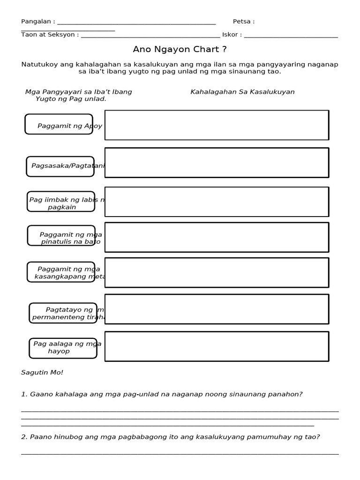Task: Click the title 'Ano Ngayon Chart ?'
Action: click(180, 49)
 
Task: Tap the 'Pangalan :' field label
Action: click(38, 22)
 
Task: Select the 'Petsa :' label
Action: click(243, 22)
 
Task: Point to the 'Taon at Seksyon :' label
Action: click(50, 35)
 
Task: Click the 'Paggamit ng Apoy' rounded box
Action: click(59, 124)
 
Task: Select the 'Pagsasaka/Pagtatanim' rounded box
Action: click(60, 166)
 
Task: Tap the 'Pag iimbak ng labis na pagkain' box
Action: click(61, 202)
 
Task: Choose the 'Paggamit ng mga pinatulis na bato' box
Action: click(61, 235)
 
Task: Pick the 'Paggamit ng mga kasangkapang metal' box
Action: click(61, 272)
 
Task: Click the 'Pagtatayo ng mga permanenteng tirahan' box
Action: click(63, 313)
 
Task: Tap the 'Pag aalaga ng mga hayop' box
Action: click(63, 348)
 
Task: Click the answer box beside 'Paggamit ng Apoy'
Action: click(217, 125)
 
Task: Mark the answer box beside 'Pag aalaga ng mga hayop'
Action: click(217, 346)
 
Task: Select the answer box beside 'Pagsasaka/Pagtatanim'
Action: click(217, 163)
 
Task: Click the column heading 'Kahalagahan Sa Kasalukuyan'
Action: click(242, 92)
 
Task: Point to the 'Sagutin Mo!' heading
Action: click(42, 373)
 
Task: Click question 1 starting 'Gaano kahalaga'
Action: click(162, 394)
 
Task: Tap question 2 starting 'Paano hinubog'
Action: click(170, 437)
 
